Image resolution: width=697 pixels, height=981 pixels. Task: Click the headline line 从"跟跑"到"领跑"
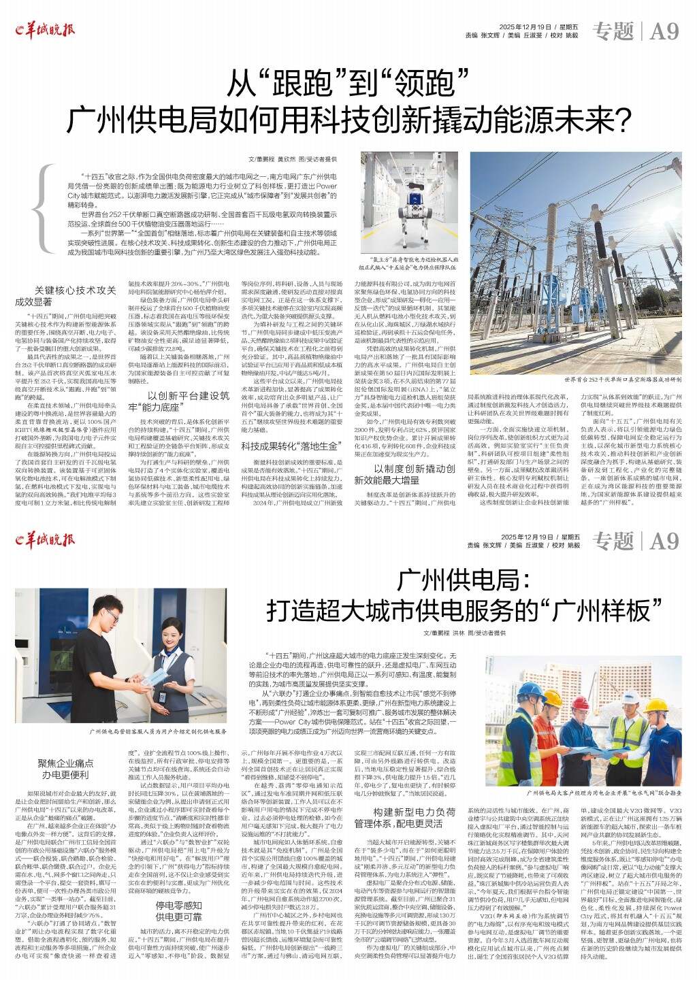(348, 83)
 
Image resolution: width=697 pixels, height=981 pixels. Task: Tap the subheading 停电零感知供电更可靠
(180, 910)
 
